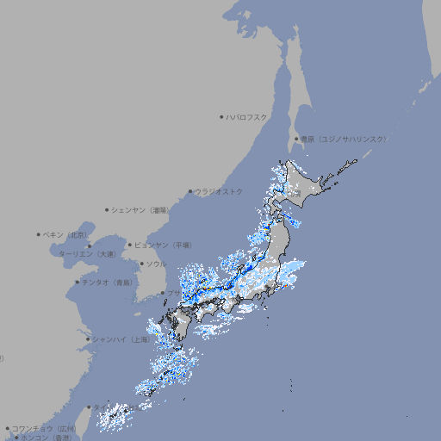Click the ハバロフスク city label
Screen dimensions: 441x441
pyautogui.click(x=247, y=116)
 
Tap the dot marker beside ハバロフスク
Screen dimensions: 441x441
pyautogui.click(x=221, y=116)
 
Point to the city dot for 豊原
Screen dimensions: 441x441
pyautogui.click(x=296, y=139)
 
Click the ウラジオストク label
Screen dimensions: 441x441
pyautogui.click(x=219, y=191)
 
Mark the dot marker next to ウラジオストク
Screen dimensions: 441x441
pyautogui.click(x=190, y=191)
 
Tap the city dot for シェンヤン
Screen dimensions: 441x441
pyautogui.click(x=108, y=209)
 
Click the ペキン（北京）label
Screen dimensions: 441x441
pyautogui.click(x=65, y=234)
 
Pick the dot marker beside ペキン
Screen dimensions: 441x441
pyautogui.click(x=39, y=234)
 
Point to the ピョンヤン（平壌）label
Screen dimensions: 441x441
pyautogui.click(x=163, y=245)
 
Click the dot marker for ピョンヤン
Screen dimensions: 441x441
pyautogui.click(x=130, y=245)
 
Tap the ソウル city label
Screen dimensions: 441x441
pyautogui.click(x=156, y=264)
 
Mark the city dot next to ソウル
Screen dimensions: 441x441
pyautogui.click(x=141, y=264)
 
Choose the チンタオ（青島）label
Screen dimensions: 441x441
pyautogui.click(x=108, y=282)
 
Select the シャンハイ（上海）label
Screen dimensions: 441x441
pyautogui.click(x=121, y=339)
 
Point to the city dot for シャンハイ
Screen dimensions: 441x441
pyautogui.click(x=88, y=339)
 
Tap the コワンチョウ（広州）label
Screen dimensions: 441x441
pyautogui.click(x=43, y=428)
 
